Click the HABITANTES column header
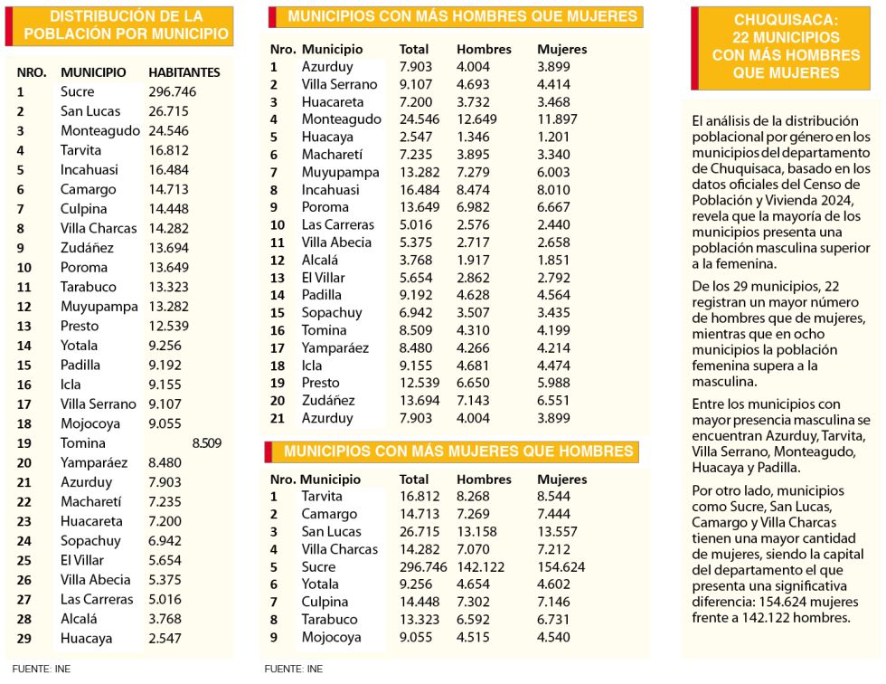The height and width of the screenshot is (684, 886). click(x=184, y=72)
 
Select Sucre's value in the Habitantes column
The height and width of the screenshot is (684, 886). click(x=173, y=91)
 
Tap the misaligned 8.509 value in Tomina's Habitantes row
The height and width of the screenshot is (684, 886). click(x=207, y=443)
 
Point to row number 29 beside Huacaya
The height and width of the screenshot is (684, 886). click(x=24, y=639)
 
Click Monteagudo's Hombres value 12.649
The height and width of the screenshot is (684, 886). click(x=477, y=119)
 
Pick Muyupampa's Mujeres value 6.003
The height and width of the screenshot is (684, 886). click(x=553, y=173)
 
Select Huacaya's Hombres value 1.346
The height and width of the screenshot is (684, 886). click(x=473, y=137)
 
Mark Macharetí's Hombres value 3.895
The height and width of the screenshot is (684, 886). click(x=473, y=155)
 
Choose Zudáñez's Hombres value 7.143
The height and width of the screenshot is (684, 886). click(x=473, y=401)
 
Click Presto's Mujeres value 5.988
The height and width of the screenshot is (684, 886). click(x=553, y=383)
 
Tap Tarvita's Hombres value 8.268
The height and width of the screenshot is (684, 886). click(x=473, y=497)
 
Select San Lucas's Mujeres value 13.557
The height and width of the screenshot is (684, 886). click(x=557, y=532)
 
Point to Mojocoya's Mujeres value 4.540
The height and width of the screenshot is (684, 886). click(x=553, y=637)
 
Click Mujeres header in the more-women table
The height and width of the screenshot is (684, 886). click(x=561, y=480)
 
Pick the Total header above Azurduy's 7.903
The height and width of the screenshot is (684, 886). click(x=414, y=50)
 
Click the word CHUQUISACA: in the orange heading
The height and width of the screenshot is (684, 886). click(x=786, y=20)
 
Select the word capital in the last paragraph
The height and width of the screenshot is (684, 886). click(x=843, y=554)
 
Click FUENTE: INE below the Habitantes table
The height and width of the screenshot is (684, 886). click(x=42, y=670)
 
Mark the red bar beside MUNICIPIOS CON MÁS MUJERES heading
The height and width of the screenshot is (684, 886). click(x=269, y=451)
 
